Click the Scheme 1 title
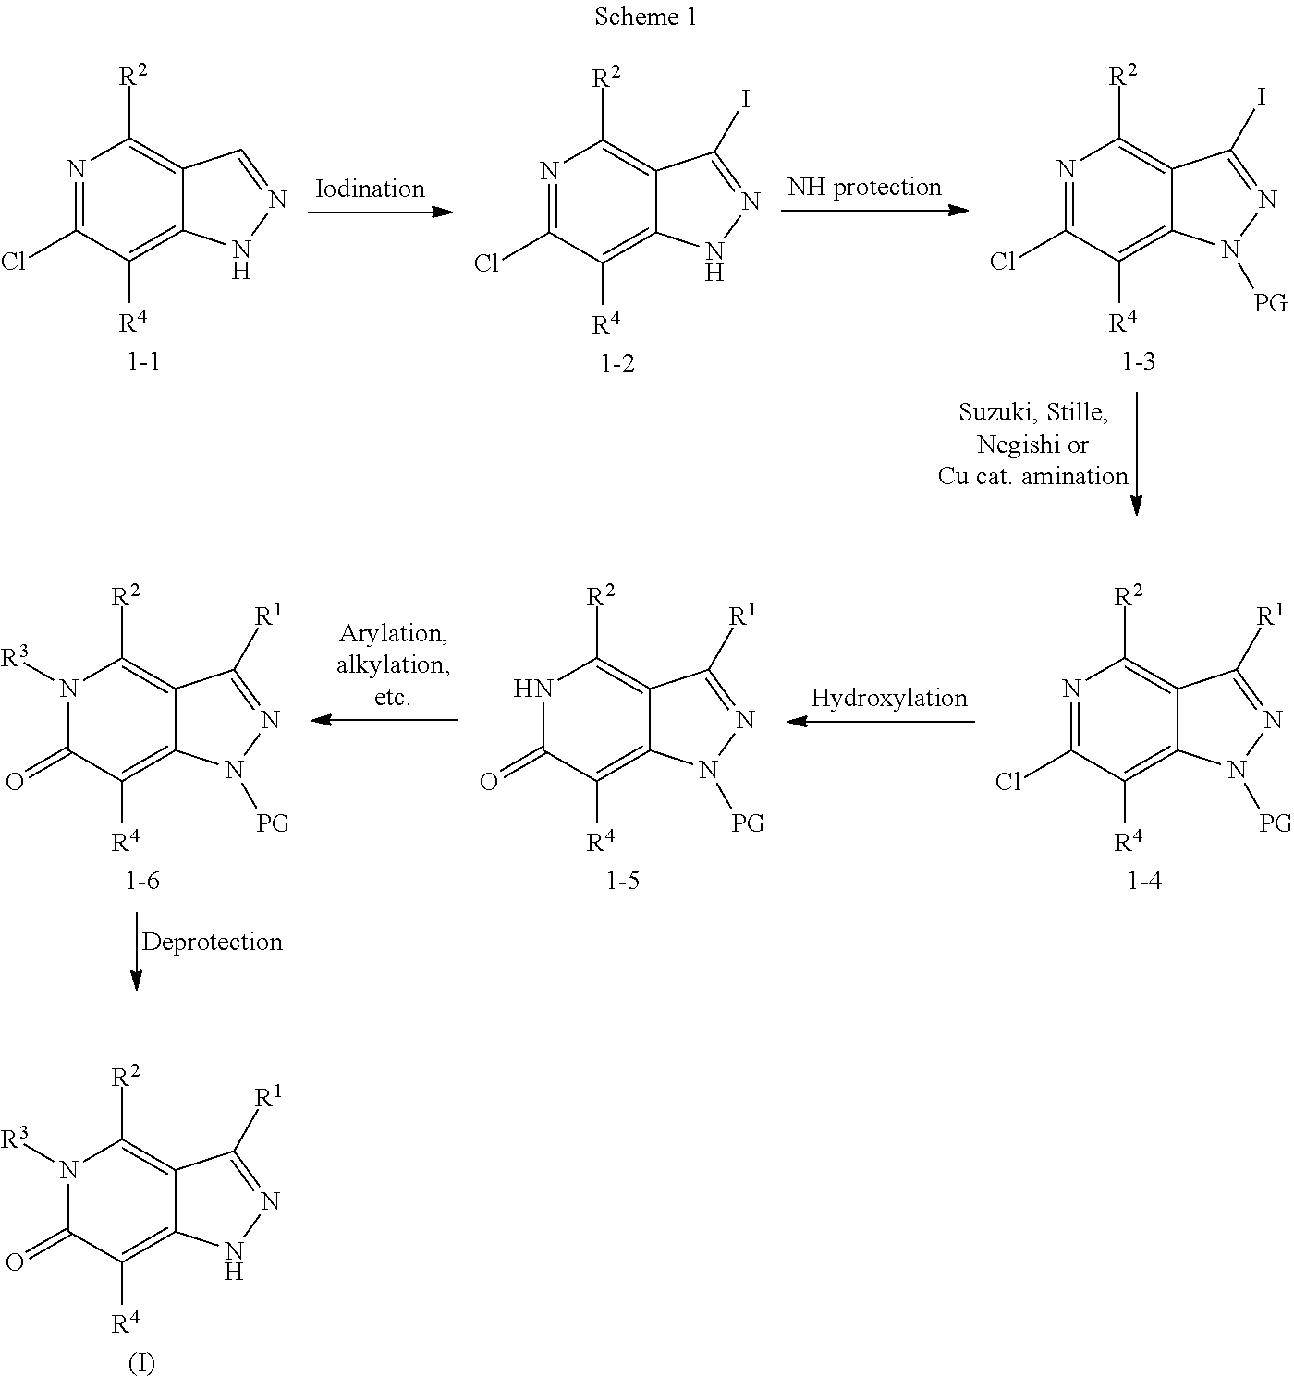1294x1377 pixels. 646,17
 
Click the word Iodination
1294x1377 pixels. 371,189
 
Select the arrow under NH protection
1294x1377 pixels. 874,210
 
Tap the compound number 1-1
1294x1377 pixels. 143,361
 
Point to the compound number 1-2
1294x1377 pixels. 617,362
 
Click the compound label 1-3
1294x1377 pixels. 1138,361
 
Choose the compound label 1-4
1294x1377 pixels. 1144,882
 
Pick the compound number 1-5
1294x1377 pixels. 623,882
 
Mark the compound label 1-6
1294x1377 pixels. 143,882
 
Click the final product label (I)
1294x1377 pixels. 142,1362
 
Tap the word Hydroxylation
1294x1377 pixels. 889,698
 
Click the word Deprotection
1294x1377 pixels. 213,943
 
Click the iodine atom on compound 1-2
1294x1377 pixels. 746,99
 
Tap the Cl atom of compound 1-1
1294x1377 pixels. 13,262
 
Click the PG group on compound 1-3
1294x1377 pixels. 1270,303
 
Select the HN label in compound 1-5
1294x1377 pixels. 533,688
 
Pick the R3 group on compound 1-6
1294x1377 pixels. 15,655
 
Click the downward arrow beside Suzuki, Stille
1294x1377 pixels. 1137,454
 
